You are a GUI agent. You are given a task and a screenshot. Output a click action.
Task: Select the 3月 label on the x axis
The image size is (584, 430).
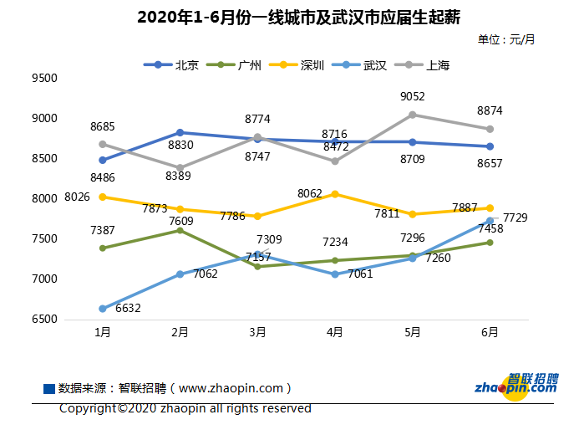point(257,332)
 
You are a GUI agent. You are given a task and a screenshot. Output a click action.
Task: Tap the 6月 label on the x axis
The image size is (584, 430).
point(490,332)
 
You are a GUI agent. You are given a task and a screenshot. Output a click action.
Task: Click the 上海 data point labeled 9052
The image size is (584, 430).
point(413,115)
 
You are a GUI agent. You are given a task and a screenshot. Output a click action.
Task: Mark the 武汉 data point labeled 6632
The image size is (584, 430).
point(103,309)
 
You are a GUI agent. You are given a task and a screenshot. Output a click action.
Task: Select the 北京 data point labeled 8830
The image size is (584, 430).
point(180,132)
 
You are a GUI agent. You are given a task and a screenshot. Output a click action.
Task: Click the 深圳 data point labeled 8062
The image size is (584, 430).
point(335,194)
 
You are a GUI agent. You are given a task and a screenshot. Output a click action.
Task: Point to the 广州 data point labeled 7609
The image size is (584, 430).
point(180,230)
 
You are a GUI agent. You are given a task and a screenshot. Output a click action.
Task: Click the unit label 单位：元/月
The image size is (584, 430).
point(506,39)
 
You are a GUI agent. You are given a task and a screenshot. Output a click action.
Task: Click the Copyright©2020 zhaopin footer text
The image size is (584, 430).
point(185,408)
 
